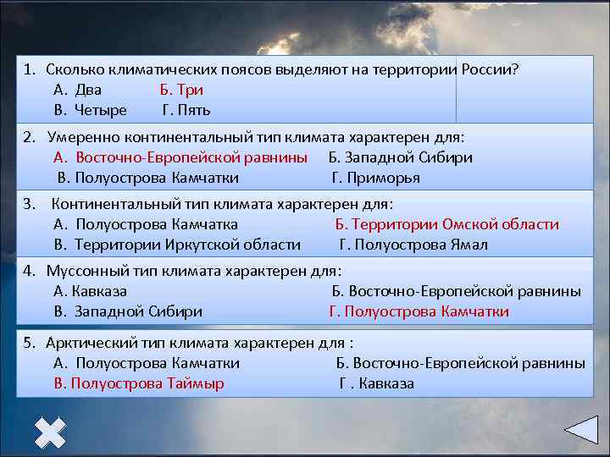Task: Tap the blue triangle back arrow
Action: pos(582,430)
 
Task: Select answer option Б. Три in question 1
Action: pos(181,90)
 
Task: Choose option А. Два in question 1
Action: pos(77,90)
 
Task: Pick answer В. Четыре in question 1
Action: pos(90,110)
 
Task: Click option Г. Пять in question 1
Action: pos(186,110)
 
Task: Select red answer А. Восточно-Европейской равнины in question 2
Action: pos(180,157)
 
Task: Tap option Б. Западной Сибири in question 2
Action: pos(400,157)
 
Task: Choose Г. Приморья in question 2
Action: pos(375,178)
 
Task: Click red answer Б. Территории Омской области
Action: pos(446,224)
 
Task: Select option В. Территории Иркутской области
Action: pos(176,245)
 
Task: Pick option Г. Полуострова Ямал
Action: pos(413,245)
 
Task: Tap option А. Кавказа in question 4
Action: pos(90,291)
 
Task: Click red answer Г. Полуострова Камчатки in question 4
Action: pos(419,311)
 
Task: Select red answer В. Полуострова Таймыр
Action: pos(138,383)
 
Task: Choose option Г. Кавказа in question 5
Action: pos(376,383)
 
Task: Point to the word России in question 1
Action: pos(485,69)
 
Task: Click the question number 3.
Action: pos(28,204)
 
